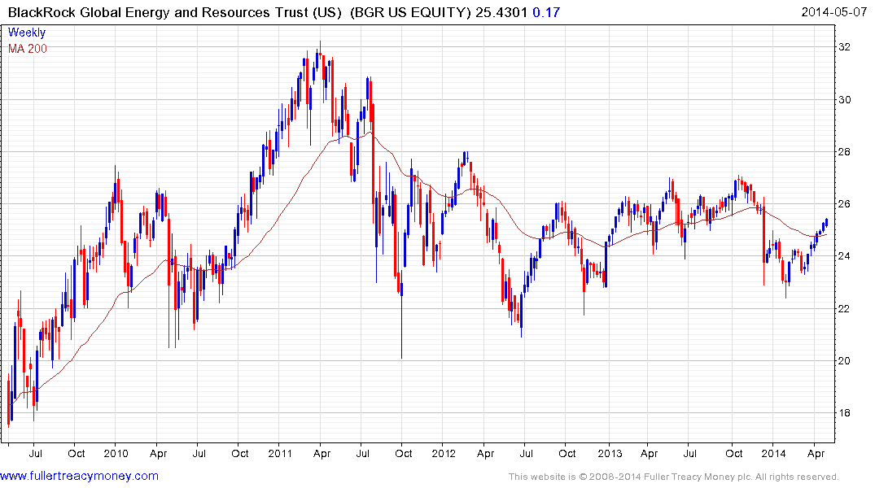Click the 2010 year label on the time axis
116,452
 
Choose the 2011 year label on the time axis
280,452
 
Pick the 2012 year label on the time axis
444,452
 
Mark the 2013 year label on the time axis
610,452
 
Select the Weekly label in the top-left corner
26,33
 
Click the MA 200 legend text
28,48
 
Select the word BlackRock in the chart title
37,11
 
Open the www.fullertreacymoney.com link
79,476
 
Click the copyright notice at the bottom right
673,477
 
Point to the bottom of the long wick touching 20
401,358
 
